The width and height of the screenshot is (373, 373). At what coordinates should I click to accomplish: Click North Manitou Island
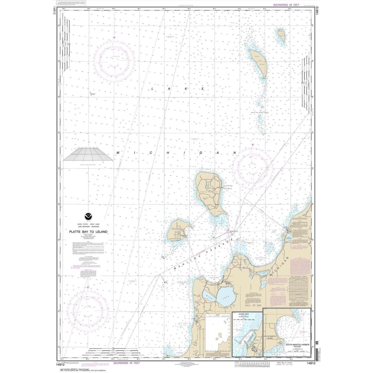(x=209, y=193)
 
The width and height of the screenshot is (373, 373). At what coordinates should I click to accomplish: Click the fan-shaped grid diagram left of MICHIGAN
(x=88, y=154)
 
